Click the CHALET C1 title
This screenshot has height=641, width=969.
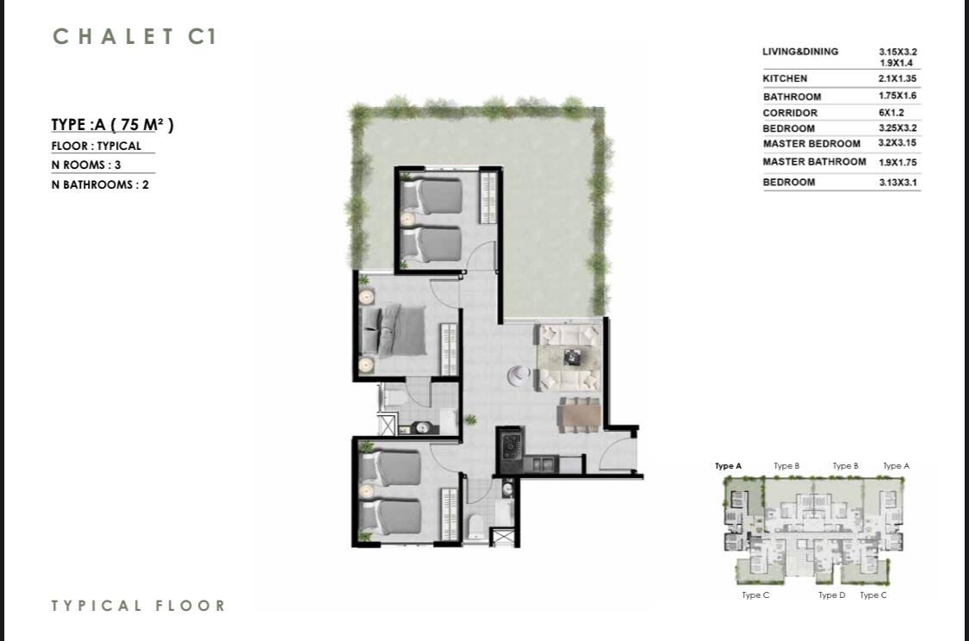134,36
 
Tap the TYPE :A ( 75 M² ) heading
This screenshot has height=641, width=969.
113,124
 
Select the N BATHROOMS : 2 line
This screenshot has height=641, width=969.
100,184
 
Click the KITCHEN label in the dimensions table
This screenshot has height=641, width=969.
785,78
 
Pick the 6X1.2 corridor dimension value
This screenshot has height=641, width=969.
891,113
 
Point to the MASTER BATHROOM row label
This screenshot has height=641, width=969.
814,161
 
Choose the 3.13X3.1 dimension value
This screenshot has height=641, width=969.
898,183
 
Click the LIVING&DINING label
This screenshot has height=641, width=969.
800,52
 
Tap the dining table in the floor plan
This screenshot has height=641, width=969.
581,414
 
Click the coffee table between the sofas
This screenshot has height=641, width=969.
572,357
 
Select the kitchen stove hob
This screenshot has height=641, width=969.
512,445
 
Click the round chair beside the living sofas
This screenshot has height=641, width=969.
519,375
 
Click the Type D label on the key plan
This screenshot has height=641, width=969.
832,594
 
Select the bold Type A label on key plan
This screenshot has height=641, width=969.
728,466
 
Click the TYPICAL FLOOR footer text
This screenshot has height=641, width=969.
139,606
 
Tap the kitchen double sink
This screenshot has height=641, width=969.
542,464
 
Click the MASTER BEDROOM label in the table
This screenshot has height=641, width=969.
811,143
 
